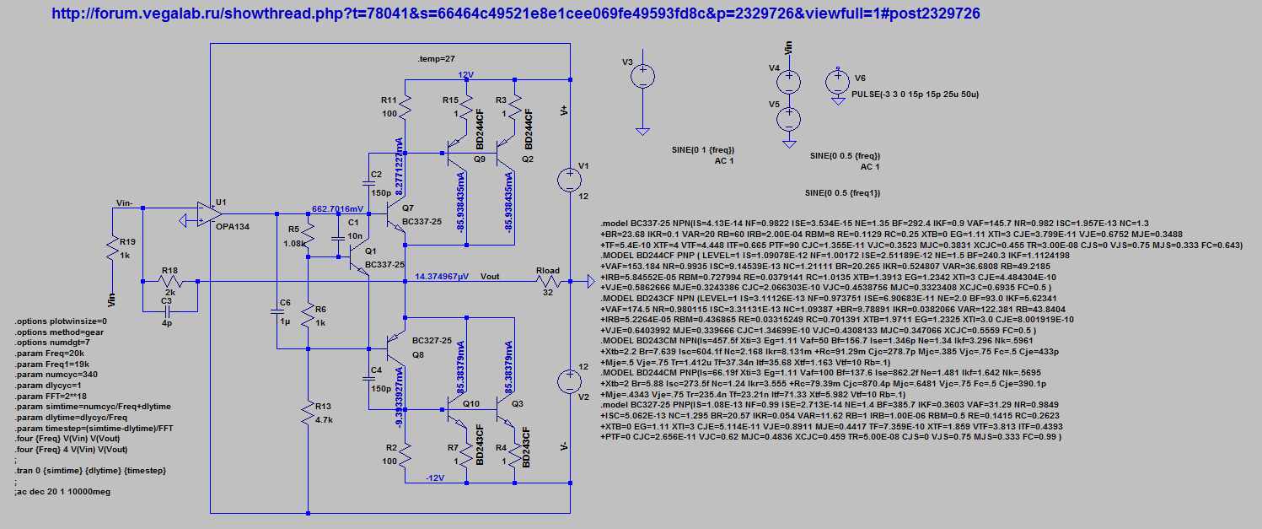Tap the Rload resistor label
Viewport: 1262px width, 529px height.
point(547,271)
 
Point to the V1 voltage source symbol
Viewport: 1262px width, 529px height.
point(570,178)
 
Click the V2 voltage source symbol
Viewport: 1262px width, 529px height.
point(570,381)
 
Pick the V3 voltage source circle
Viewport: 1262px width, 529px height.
point(642,77)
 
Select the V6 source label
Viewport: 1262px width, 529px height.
point(860,78)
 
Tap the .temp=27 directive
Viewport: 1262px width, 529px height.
point(436,59)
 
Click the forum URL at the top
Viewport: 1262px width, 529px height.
point(516,14)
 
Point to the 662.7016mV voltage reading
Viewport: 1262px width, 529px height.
point(338,208)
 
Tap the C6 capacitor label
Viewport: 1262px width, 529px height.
point(285,302)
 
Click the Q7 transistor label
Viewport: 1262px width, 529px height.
point(408,208)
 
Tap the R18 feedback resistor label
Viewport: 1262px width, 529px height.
point(170,269)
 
